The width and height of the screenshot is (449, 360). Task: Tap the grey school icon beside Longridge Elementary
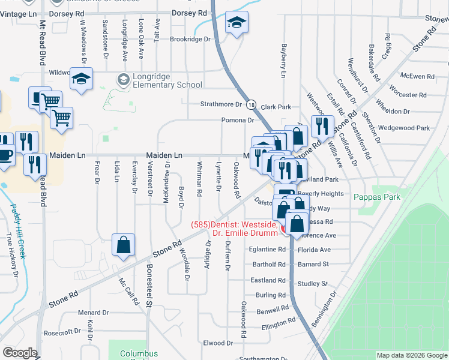123,79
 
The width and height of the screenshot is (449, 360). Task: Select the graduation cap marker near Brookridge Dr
237,23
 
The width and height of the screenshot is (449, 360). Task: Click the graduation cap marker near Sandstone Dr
81,79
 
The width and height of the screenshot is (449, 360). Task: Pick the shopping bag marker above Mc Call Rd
123,245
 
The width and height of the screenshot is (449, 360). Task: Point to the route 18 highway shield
251,104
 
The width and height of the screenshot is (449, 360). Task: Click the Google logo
20,352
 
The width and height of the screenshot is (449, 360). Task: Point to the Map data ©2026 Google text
411,355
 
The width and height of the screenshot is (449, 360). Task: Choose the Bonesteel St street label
149,289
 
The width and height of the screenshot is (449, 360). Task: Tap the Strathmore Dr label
220,104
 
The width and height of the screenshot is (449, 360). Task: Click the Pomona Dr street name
238,120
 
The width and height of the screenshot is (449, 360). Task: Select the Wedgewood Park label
404,128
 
